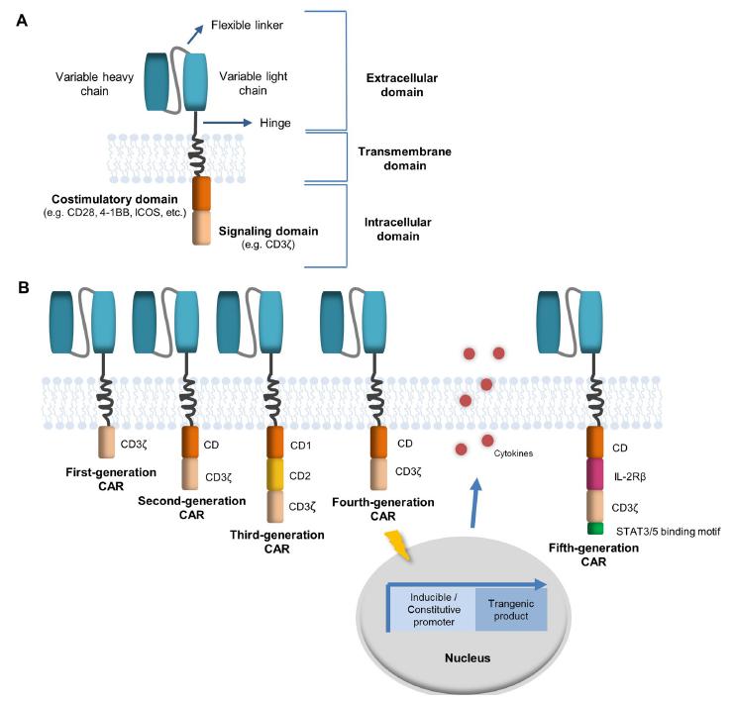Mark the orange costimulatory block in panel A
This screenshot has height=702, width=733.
point(201,192)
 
